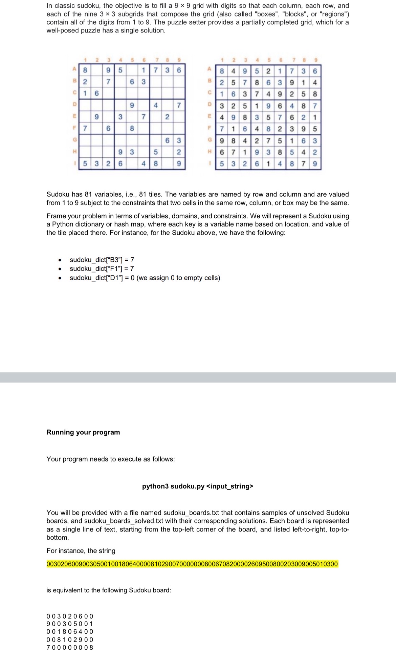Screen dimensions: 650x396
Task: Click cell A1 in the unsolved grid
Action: (x=85, y=70)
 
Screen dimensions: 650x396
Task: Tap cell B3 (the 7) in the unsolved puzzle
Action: (x=108, y=82)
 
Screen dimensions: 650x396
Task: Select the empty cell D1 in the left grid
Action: (x=85, y=105)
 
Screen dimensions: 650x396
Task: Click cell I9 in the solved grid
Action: (x=315, y=164)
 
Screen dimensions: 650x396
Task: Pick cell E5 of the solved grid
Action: (x=268, y=117)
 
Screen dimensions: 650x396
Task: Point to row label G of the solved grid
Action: (x=210, y=140)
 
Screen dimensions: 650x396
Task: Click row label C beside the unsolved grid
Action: (x=74, y=93)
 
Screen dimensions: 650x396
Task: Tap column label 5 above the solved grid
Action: (x=268, y=61)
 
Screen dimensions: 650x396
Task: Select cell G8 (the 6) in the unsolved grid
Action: (x=167, y=140)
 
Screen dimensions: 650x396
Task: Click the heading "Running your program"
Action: (x=83, y=432)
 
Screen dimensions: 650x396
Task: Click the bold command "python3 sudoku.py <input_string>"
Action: (x=198, y=486)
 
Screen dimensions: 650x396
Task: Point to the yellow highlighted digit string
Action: (x=192, y=564)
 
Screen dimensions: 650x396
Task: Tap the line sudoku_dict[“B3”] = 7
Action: (x=102, y=260)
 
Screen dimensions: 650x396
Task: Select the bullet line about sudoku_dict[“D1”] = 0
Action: (x=145, y=278)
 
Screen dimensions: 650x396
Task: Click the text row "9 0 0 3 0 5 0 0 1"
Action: (x=70, y=624)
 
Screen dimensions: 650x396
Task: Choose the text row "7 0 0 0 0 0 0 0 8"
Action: (x=70, y=647)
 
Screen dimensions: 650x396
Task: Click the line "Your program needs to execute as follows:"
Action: (x=111, y=459)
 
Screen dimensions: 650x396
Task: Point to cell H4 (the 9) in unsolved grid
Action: (x=120, y=152)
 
